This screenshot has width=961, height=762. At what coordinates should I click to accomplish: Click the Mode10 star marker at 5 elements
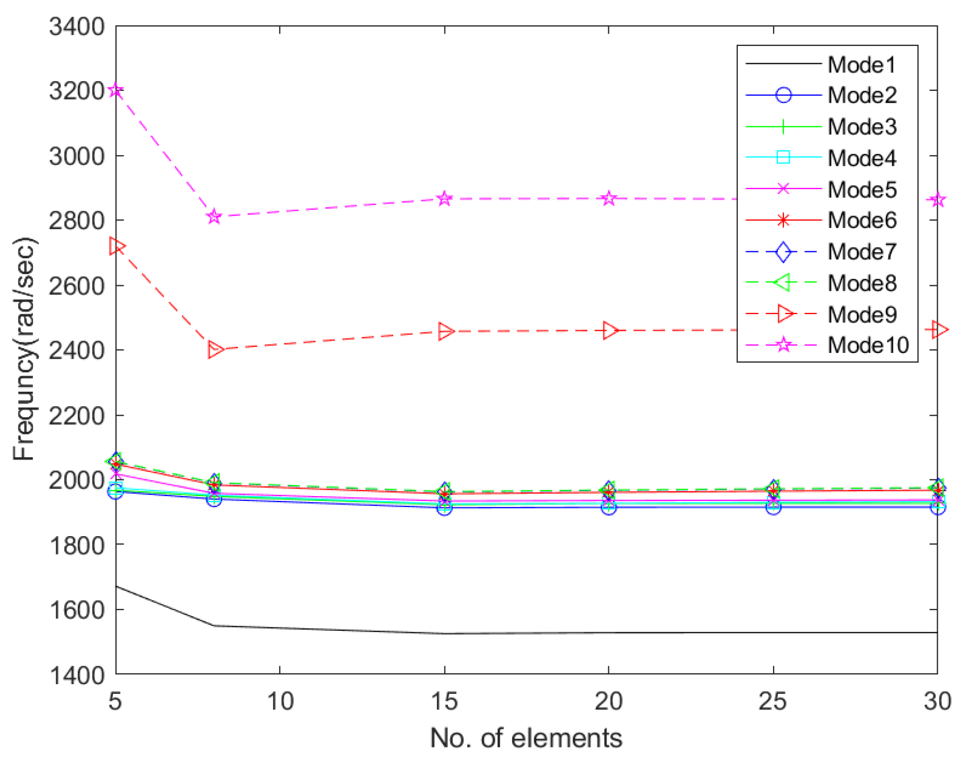pos(116,90)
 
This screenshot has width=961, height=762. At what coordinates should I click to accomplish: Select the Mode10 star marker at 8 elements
pos(214,217)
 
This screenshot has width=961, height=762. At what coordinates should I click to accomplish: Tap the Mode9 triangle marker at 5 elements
pos(117,246)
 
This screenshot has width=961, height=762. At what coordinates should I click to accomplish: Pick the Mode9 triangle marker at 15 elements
pos(446,331)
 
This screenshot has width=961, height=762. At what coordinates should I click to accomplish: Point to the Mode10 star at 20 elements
pos(609,198)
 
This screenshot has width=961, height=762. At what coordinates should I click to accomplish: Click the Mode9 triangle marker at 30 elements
pos(939,329)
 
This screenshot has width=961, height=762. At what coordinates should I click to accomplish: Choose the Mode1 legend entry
pos(861,65)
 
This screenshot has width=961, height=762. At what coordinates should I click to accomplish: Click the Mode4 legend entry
pos(861,158)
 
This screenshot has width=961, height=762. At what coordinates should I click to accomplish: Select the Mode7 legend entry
pos(861,252)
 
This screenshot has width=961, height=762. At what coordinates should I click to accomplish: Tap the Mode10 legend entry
pos(868,345)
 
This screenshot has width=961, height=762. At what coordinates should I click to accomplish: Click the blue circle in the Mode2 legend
pos(783,96)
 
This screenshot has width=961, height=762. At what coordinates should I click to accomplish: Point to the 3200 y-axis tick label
pos(76,91)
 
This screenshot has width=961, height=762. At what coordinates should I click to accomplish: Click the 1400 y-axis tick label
pos(76,675)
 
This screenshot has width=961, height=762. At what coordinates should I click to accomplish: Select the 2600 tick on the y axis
pos(76,285)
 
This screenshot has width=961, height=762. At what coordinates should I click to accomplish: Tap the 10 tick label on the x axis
pos(280,701)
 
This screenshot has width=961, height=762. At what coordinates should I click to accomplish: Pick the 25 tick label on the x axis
pos(773,701)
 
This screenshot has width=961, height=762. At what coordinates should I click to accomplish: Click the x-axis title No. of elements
pos(526,738)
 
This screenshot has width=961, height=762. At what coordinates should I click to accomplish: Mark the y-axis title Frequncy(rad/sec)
pos(24,349)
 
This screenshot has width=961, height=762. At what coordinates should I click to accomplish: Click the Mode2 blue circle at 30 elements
pos(938,507)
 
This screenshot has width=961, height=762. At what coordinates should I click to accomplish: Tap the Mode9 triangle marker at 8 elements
pos(215,350)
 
